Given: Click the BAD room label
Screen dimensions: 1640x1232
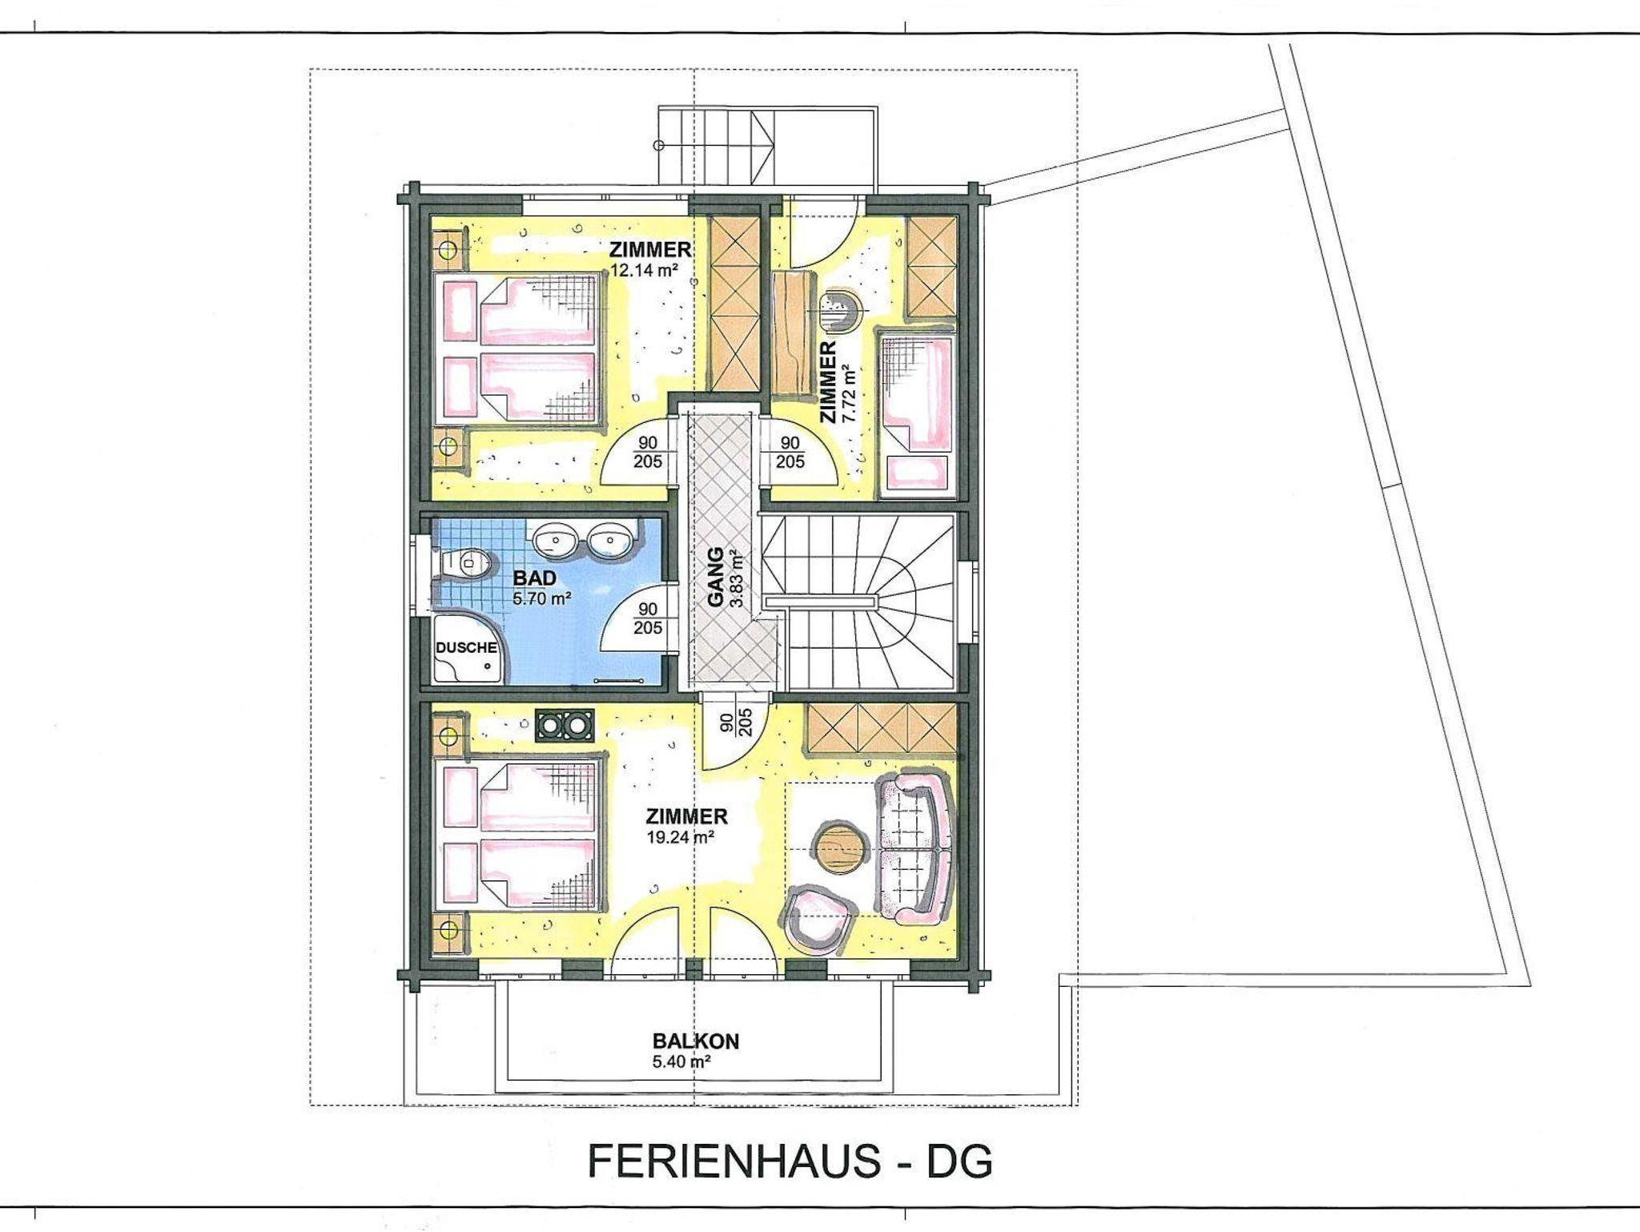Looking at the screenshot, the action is click(534, 578).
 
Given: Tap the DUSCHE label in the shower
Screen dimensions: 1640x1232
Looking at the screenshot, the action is click(466, 647).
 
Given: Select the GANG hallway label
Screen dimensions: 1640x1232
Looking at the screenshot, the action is click(716, 577).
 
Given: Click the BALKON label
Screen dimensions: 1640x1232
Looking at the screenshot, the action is click(696, 1041).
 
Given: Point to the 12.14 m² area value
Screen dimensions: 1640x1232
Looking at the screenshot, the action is click(645, 270).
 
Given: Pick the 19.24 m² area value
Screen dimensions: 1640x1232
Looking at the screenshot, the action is click(680, 837).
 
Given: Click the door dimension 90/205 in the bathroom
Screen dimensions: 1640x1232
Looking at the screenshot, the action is click(648, 619).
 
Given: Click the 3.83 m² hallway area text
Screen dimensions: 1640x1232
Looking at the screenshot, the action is click(737, 579).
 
